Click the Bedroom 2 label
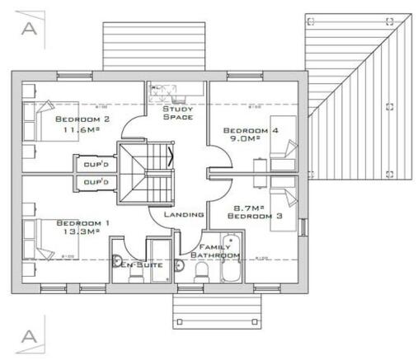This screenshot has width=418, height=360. [78, 119]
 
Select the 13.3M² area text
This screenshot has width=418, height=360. [78, 232]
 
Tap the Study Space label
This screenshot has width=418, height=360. [178, 113]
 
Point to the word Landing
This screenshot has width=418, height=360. [183, 214]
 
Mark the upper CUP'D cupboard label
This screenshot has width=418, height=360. [96, 164]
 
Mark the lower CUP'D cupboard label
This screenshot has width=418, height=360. [96, 181]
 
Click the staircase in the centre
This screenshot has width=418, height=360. [145, 172]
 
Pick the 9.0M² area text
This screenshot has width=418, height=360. [244, 139]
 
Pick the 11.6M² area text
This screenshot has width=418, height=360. [78, 129]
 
